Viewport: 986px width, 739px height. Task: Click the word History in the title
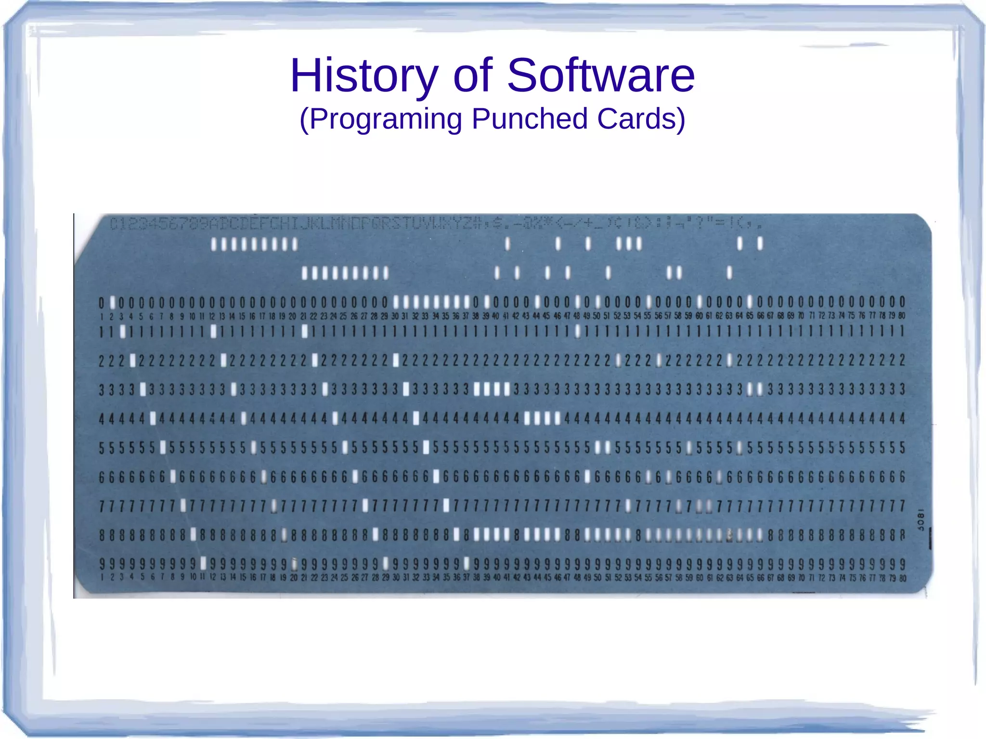point(363,76)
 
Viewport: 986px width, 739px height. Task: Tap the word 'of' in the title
point(472,76)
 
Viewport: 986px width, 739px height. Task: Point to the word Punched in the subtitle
point(530,119)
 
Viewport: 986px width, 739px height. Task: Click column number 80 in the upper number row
point(902,316)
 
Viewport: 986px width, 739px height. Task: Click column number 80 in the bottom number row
point(903,578)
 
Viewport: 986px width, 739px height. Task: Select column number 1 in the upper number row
point(102,316)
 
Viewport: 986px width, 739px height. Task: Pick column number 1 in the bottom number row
point(102,577)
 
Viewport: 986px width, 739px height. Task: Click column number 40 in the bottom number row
point(496,577)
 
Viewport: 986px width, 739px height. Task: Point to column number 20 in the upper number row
point(292,316)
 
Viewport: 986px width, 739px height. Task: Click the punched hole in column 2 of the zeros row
point(112,303)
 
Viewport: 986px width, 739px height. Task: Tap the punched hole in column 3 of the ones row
point(123,331)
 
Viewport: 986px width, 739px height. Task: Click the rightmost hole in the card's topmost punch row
point(760,244)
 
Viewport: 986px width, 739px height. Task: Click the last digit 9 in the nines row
point(903,563)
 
